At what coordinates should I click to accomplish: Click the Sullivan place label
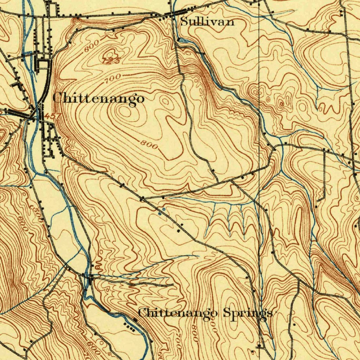pyautogui.click(x=207, y=22)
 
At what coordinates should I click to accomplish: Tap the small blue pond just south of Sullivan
pyautogui.click(x=183, y=40)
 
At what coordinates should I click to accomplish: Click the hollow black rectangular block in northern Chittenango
pyautogui.click(x=43, y=64)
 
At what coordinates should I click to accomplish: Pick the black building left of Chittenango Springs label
pyautogui.click(x=136, y=320)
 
